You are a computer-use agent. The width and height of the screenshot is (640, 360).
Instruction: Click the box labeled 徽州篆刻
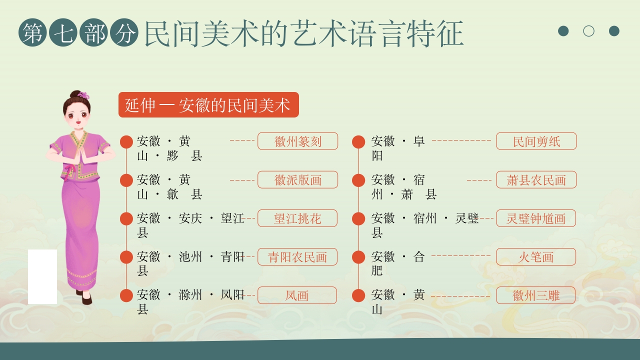[x=297, y=141]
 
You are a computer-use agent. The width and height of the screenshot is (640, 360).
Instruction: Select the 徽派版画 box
[x=297, y=180]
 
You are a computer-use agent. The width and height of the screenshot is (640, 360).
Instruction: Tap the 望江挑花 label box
[x=297, y=218]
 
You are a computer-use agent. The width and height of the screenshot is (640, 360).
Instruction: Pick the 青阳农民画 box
[x=297, y=257]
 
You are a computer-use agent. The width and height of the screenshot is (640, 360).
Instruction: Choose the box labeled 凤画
[x=297, y=295]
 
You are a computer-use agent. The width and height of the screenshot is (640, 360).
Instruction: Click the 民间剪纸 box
[x=536, y=141]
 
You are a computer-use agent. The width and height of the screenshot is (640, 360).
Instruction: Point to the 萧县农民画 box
[x=536, y=180]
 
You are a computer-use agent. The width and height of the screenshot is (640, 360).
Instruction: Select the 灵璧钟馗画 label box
[x=536, y=218]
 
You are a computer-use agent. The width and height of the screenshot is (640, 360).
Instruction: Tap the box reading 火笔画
[x=536, y=257]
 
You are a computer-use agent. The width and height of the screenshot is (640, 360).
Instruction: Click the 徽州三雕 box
[x=536, y=295]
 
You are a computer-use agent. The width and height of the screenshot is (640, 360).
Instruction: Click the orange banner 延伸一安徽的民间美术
[x=208, y=105]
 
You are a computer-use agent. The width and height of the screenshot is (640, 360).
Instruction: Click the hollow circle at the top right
[x=588, y=31]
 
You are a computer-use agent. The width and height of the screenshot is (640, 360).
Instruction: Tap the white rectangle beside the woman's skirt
[x=42, y=276]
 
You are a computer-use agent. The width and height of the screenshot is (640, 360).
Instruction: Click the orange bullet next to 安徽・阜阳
[x=358, y=142]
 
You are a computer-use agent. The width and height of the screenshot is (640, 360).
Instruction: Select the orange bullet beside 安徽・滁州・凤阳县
[x=126, y=295]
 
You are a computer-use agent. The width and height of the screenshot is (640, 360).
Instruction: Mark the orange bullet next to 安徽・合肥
[x=358, y=257]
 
